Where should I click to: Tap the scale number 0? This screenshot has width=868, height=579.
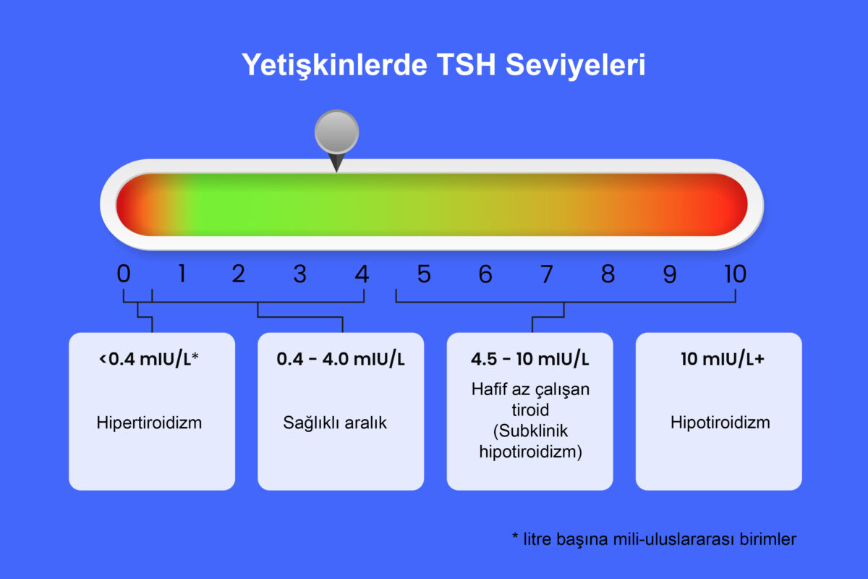pyautogui.click(x=124, y=274)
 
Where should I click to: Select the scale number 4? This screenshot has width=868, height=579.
pyautogui.click(x=362, y=274)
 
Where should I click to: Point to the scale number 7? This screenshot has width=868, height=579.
pyautogui.click(x=547, y=274)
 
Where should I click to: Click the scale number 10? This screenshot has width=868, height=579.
pyautogui.click(x=734, y=274)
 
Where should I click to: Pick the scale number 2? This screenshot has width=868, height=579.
pyautogui.click(x=238, y=274)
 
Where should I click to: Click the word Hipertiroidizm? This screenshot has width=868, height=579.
pyautogui.click(x=149, y=423)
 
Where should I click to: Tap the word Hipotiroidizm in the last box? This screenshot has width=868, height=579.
pyautogui.click(x=720, y=423)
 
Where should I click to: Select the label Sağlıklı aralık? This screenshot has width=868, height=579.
pyautogui.click(x=335, y=423)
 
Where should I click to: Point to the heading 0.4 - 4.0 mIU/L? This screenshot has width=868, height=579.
pyautogui.click(x=341, y=359)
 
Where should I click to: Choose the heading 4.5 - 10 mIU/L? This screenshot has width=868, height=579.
pyautogui.click(x=530, y=359)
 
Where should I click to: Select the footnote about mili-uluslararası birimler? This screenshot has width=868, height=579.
pyautogui.click(x=654, y=539)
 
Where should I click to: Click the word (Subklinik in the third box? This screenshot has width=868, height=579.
pyautogui.click(x=530, y=431)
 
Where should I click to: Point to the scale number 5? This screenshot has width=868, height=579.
pyautogui.click(x=424, y=274)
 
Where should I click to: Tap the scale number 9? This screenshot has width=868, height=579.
pyautogui.click(x=670, y=274)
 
